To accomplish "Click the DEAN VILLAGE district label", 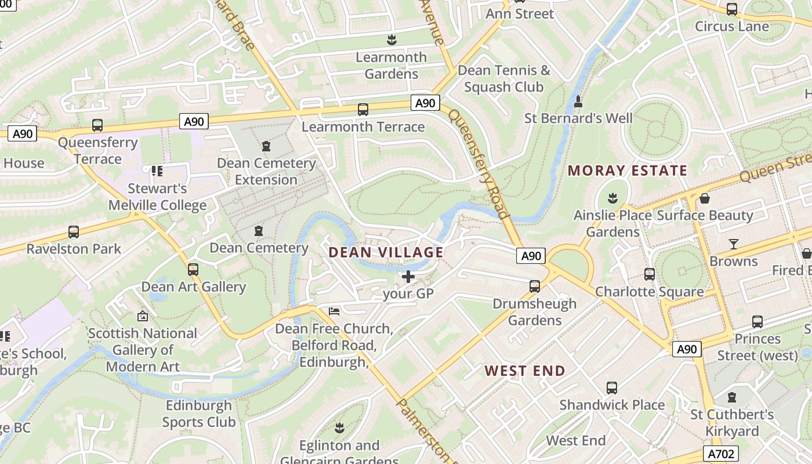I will click(386, 252).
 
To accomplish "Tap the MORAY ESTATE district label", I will click(627, 171).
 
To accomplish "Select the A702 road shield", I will click(722, 454).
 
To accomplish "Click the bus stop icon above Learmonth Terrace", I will click(363, 110).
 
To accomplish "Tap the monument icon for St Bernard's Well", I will click(578, 102).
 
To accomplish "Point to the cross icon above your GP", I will click(408, 277).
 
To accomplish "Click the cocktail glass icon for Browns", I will click(734, 244).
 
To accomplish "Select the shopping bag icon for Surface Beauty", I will click(705, 199).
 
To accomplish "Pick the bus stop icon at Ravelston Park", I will click(74, 232).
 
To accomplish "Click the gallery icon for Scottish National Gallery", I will click(143, 316).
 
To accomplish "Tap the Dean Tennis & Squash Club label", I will click(503, 79).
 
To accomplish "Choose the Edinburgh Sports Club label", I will click(199, 414).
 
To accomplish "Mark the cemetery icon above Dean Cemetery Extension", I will click(266, 146).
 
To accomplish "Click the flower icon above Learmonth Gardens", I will click(391, 40).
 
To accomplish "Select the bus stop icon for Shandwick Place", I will click(612, 388).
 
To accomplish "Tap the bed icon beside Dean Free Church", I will click(334, 311).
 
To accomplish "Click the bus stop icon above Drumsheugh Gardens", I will click(535, 287).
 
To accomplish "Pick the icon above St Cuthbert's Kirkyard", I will click(732, 398).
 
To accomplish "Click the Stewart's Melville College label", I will click(157, 197).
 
